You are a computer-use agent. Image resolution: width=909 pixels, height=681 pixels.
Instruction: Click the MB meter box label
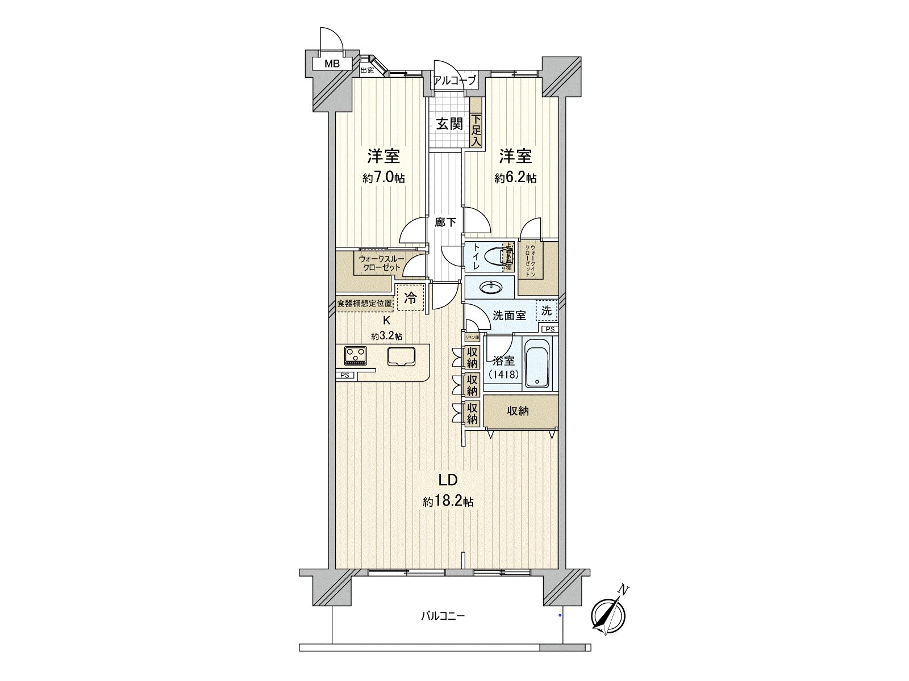click(332, 64)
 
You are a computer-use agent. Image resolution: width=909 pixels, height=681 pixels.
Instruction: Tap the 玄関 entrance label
click(449, 124)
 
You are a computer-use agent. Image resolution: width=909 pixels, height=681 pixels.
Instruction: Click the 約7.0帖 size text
click(383, 178)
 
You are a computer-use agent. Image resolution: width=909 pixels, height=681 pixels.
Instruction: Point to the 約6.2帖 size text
click(515, 178)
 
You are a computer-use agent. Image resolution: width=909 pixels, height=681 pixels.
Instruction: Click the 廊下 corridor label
click(446, 222)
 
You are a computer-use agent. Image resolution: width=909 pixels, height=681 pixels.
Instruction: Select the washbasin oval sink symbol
click(490, 288)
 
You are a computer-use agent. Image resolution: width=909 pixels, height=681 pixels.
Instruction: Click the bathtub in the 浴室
click(536, 363)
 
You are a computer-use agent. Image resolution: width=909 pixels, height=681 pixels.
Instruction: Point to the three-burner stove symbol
click(356, 356)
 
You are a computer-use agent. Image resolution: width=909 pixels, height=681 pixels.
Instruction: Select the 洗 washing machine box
click(546, 310)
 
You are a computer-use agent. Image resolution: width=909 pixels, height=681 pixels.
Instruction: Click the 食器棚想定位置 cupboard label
click(364, 304)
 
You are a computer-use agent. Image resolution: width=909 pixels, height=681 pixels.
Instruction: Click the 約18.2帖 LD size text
click(448, 502)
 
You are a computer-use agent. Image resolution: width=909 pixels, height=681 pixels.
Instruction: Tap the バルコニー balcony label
click(443, 616)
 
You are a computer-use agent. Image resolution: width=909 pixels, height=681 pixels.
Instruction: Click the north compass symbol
click(608, 616)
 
